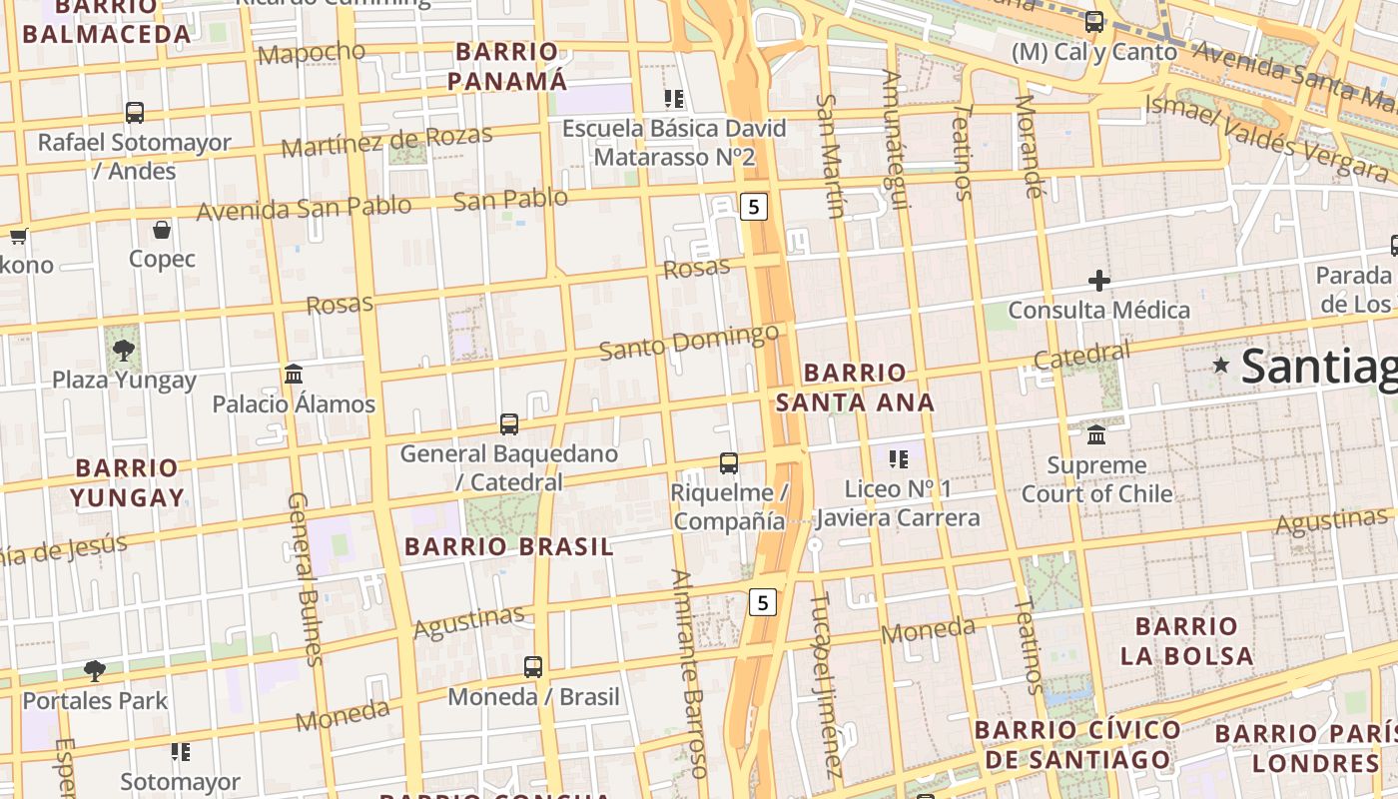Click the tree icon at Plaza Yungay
[x=124, y=350]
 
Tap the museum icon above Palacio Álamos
[x=294, y=374]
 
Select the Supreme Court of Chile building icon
[x=1096, y=434]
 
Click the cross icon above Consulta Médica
[x=1099, y=281]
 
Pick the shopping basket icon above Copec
[x=162, y=231]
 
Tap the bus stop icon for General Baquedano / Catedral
[x=509, y=424]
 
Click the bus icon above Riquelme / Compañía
[x=729, y=463]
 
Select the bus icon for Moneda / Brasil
[x=533, y=666]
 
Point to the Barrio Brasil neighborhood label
[x=509, y=546]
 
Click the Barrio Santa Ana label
[x=855, y=388]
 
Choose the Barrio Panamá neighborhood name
[x=507, y=66]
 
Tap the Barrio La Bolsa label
[x=1186, y=641]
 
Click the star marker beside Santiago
[x=1220, y=366]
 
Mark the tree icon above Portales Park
[x=95, y=670]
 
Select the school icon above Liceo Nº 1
[x=899, y=459]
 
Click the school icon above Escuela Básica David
[x=674, y=99]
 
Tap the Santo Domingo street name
[x=689, y=342]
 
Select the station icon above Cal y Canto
[x=1094, y=22]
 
